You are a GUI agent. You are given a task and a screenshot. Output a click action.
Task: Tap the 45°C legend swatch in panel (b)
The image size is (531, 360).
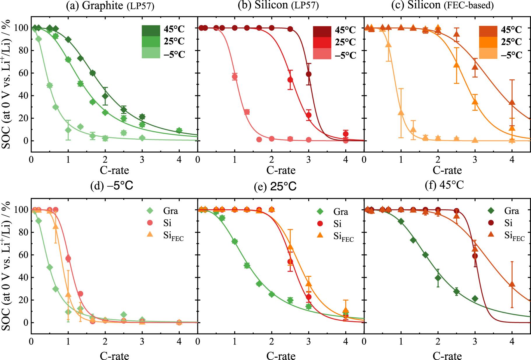322,31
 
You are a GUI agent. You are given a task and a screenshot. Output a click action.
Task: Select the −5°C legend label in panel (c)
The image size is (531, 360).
511,55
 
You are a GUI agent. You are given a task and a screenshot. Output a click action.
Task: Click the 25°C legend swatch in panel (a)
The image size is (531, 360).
151,42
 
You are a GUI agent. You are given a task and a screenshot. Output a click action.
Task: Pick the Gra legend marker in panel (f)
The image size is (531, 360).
491,211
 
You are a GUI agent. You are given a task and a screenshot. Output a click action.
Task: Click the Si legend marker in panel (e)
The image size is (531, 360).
320,224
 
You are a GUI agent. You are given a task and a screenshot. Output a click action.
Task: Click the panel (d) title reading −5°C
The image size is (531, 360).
112,186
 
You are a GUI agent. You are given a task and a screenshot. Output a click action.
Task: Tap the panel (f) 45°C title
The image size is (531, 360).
444,185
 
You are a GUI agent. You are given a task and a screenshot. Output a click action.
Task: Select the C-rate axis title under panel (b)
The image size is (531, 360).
281,170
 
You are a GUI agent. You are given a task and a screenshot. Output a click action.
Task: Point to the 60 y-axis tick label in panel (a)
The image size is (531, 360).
23,73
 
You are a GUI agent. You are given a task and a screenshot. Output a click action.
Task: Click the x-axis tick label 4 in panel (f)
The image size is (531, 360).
512,341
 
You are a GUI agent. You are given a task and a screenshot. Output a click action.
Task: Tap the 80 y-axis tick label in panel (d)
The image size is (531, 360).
23,232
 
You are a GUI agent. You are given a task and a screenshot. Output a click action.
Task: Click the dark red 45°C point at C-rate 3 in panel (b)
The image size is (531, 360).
309,74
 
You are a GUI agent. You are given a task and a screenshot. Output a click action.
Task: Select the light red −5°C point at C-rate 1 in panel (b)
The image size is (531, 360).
234,77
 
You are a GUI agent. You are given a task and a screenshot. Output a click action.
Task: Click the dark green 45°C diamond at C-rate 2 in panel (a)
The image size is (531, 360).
105,96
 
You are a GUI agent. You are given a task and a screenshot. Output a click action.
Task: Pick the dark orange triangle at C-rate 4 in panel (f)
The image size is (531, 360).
512,284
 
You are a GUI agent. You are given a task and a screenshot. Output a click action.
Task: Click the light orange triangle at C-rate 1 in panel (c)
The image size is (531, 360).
401,113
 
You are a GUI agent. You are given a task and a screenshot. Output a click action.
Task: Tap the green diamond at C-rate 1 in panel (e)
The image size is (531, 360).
234,241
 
